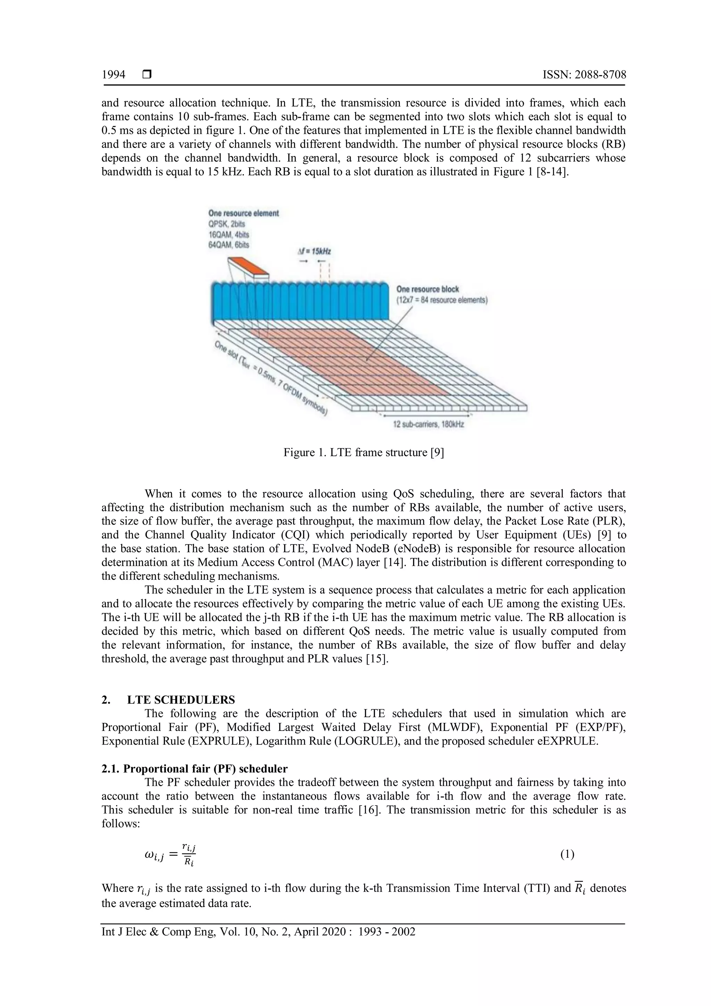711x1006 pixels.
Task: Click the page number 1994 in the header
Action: click(114, 75)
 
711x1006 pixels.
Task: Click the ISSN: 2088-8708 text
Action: click(584, 75)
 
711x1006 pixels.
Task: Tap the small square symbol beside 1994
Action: click(147, 75)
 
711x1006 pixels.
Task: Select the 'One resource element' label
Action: click(243, 213)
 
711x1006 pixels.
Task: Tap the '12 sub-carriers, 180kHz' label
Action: click(429, 424)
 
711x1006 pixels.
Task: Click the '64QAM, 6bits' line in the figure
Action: click(228, 245)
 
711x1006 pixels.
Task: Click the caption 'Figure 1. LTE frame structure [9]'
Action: click(363, 452)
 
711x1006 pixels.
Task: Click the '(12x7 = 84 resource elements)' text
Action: click(442, 300)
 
